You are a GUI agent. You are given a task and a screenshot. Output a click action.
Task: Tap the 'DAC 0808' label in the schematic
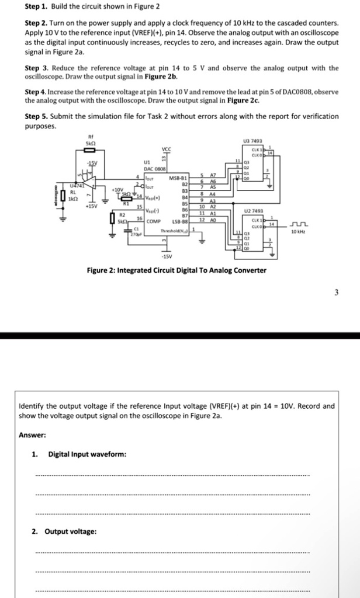click(151, 168)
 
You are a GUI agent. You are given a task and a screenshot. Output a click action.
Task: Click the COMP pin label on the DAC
click(153, 222)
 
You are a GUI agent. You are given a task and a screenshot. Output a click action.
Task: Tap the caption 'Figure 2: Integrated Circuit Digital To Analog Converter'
click(176, 270)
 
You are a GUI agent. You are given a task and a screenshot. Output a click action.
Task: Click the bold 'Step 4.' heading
click(36, 93)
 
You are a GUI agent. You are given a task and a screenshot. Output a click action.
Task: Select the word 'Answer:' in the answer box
click(32, 434)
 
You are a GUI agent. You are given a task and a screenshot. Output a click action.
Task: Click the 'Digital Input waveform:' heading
click(87, 454)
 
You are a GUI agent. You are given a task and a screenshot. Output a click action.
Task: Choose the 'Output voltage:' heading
click(72, 531)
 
